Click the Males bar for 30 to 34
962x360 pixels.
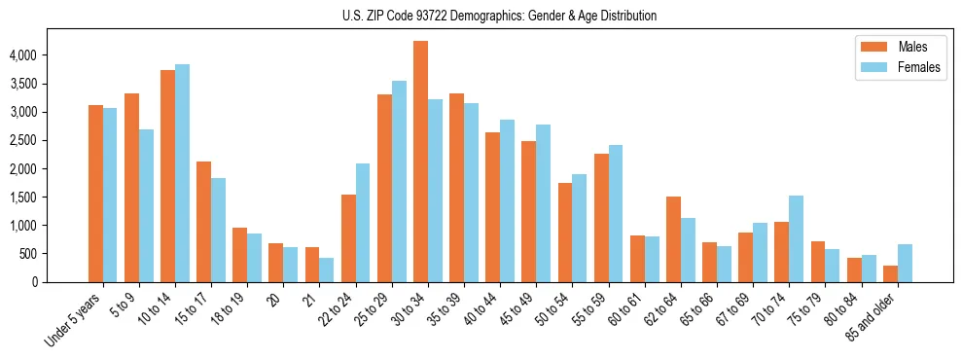tap(420, 162)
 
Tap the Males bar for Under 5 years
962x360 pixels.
tap(95, 194)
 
